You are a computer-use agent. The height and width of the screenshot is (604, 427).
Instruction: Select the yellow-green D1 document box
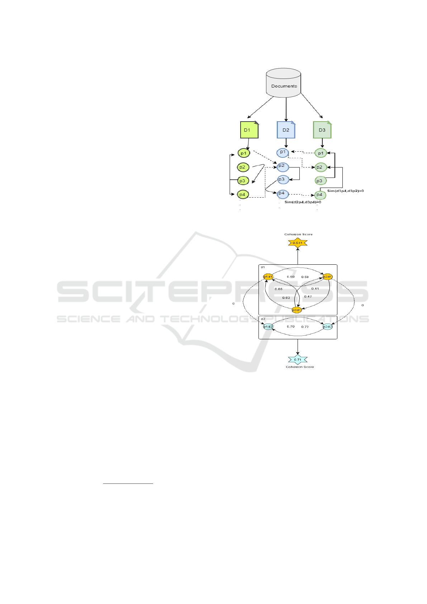tap(249, 130)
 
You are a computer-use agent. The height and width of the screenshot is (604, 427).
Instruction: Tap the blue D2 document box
tap(286, 130)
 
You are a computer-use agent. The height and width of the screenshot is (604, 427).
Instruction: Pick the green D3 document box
tap(322, 130)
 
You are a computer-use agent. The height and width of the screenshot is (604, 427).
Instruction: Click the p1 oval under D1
tap(243, 153)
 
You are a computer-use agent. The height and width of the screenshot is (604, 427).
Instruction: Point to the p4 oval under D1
tap(243, 194)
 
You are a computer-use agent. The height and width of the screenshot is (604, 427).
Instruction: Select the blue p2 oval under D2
tap(283, 166)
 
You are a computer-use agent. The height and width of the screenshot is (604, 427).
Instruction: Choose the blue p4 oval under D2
tap(283, 194)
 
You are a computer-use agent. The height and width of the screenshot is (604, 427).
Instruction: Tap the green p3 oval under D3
tap(320, 181)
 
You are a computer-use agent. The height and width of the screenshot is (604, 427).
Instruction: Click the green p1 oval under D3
tap(321, 153)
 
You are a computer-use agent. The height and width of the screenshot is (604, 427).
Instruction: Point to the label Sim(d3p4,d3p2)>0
tap(345, 191)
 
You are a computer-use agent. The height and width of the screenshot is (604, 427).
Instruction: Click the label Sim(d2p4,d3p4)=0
tap(303, 202)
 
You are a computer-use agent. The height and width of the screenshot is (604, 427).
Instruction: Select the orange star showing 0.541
tap(298, 243)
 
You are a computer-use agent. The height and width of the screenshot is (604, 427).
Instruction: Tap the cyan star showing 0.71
tap(298, 359)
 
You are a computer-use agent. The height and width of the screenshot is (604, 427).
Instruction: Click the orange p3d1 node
tap(296, 310)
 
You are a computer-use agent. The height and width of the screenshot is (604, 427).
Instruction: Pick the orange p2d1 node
tap(328, 277)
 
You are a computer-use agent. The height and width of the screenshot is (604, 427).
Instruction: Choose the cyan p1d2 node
tap(268, 327)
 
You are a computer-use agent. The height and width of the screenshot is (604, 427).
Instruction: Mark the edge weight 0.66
tap(279, 289)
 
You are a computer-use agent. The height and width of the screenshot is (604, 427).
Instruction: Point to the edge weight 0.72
tap(305, 327)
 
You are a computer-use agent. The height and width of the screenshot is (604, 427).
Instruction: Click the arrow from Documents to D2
tap(286, 109)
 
